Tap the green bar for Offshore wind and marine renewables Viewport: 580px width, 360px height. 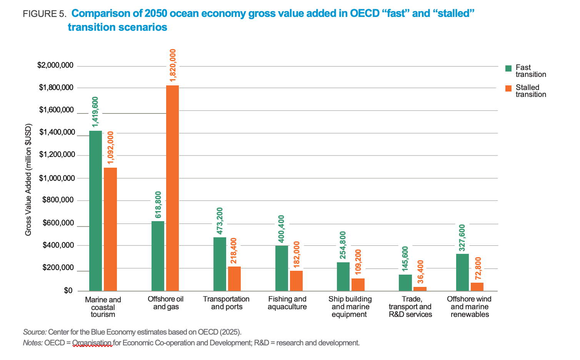tap(462, 272)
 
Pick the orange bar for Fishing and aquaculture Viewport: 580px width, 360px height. tap(296, 280)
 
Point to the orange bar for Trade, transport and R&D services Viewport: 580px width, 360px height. tap(420, 288)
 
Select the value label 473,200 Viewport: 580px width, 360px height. tap(220, 221)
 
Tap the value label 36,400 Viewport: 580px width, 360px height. tap(420, 272)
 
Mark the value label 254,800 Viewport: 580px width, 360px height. tap(343, 245)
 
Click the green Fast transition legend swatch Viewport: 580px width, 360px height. tap(508, 68)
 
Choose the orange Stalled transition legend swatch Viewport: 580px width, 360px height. tap(508, 88)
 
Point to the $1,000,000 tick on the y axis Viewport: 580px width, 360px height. tap(57, 178)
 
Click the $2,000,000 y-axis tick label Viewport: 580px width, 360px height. tap(55, 65)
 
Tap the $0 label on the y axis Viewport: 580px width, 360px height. tap(68, 291)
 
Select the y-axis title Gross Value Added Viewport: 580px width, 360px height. tap(28, 180)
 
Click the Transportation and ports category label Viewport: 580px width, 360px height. tap(226, 303)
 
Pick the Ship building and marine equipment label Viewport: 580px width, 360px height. tap(350, 307)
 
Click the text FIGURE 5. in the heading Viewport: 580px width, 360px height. tap(45, 14)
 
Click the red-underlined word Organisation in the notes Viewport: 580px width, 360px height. tap(92, 342)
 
